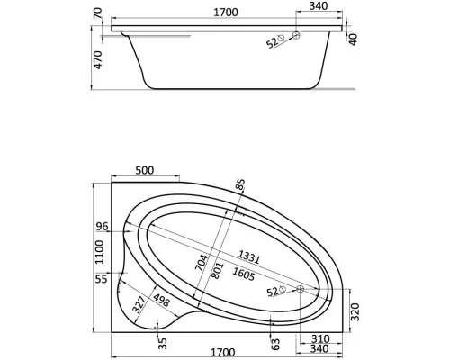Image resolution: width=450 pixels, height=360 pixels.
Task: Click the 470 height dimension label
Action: pos(98,60)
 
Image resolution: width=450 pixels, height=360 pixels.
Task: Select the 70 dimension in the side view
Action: pos(98,13)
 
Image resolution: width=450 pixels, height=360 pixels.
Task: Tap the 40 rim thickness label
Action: pos(354,40)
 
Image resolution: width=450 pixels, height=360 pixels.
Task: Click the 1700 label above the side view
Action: pos(226,13)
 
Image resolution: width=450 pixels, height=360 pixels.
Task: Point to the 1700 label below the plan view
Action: pos(222,352)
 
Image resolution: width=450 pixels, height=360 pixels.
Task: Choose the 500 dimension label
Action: pos(145,170)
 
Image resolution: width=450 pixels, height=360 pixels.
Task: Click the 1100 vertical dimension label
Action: pos(99,252)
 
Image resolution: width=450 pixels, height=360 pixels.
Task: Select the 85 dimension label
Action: pos(240,184)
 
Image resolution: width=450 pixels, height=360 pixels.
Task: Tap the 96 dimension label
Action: pos(102,227)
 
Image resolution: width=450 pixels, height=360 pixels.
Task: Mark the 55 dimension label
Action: pos(101,279)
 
